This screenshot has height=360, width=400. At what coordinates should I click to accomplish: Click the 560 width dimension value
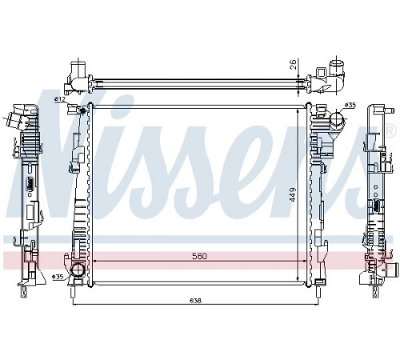click(199, 256)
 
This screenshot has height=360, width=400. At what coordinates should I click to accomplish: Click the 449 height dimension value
click(293, 194)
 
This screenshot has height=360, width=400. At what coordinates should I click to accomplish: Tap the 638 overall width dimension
click(196, 301)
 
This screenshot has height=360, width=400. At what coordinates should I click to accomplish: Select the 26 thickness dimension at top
click(293, 64)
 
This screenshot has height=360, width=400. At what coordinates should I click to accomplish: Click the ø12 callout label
click(60, 99)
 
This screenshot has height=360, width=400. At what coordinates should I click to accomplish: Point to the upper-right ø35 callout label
click(350, 105)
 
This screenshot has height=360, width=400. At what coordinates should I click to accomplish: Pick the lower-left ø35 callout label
click(58, 278)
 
